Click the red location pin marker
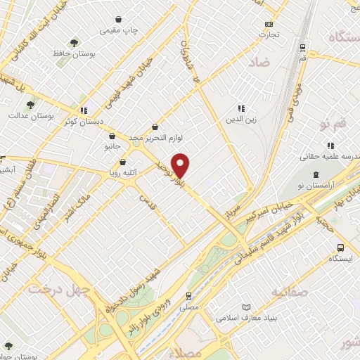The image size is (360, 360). [181, 165]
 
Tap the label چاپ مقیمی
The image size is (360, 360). [119, 30]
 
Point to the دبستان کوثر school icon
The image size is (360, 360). [84, 110]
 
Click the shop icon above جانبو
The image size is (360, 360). [112, 136]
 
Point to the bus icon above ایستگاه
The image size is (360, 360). [340, 247]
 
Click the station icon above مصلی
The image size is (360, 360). [188, 295]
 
